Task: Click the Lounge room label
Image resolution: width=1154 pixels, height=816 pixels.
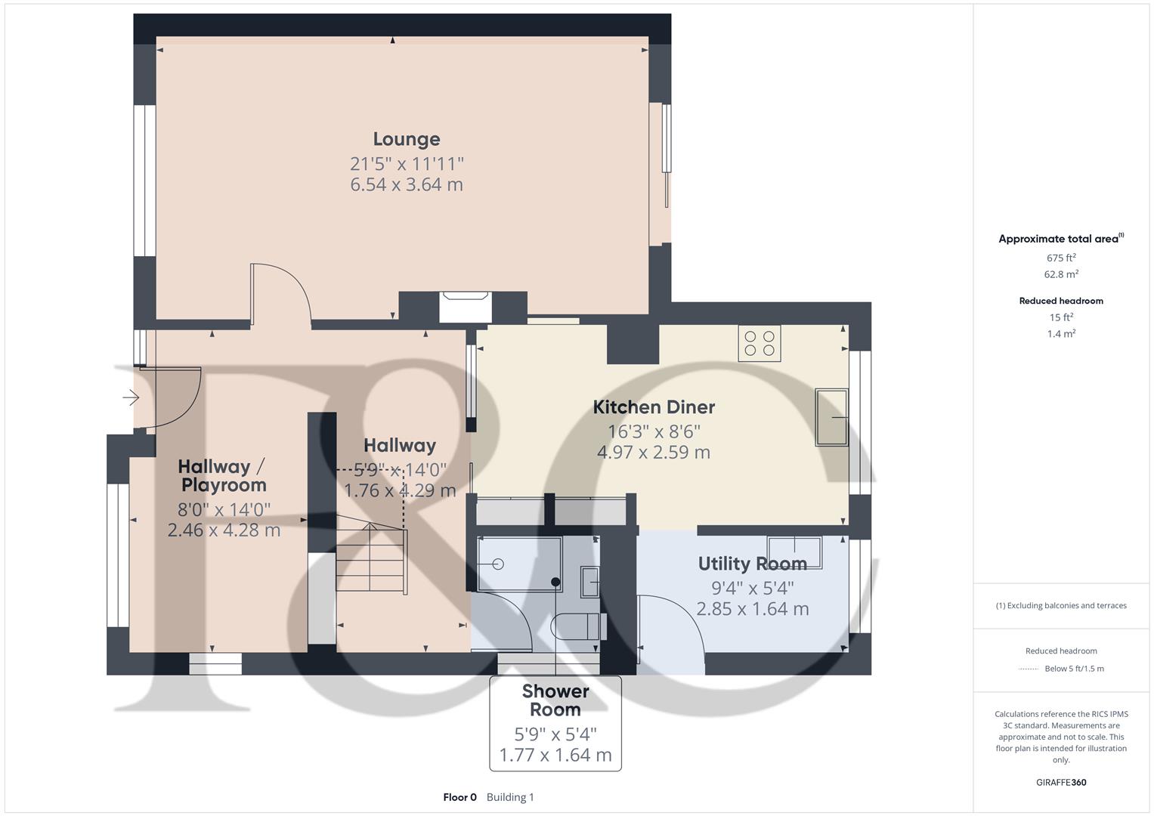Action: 407,139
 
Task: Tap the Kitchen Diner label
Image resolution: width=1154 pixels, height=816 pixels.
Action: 654,407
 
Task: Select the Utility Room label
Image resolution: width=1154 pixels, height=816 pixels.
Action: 752,564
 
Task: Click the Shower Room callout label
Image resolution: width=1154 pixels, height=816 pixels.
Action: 555,700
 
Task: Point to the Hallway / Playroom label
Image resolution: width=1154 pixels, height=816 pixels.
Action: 223,476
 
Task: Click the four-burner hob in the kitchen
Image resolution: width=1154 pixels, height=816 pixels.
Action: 760,344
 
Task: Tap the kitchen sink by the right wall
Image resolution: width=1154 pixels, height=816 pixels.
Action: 831,417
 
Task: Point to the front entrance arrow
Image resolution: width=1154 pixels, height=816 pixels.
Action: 131,397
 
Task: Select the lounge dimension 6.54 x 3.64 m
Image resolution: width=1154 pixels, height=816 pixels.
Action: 407,184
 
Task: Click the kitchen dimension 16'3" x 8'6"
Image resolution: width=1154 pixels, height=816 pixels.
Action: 654,431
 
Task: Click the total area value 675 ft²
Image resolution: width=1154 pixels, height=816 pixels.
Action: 1061,258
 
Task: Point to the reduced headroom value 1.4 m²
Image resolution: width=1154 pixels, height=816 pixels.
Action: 1061,334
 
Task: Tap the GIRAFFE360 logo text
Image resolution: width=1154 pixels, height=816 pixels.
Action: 1061,782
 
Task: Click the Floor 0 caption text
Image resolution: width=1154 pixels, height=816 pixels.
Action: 459,797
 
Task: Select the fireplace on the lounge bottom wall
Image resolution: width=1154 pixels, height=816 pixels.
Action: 465,307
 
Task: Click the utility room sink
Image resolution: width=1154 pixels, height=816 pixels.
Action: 794,546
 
